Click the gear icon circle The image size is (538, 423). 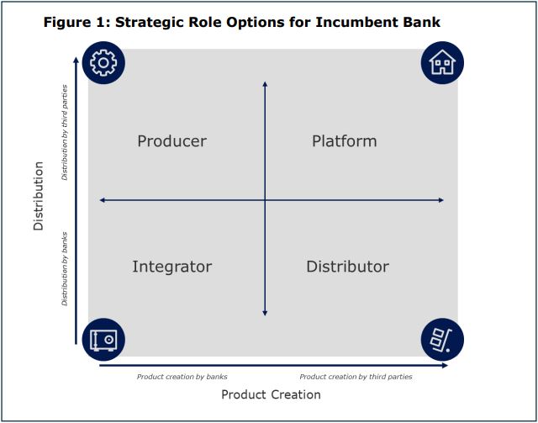[x=103, y=63]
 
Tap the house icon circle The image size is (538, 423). [x=442, y=63]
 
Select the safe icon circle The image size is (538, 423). [x=103, y=340]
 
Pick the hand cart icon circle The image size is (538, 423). [x=442, y=340]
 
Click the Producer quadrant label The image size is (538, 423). [x=171, y=141]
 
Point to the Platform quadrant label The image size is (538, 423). [x=344, y=141]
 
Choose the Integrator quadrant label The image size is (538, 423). [x=171, y=267]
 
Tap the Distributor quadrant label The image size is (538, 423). [x=347, y=267]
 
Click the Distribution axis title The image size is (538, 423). [x=39, y=196]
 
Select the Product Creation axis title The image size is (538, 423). [x=271, y=394]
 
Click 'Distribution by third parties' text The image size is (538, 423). [x=65, y=133]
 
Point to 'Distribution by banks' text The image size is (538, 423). [x=65, y=269]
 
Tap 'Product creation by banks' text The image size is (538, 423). [x=182, y=377]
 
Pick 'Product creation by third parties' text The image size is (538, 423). [x=356, y=377]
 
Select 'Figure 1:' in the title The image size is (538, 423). [x=76, y=23]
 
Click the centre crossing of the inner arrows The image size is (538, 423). [x=265, y=200]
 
